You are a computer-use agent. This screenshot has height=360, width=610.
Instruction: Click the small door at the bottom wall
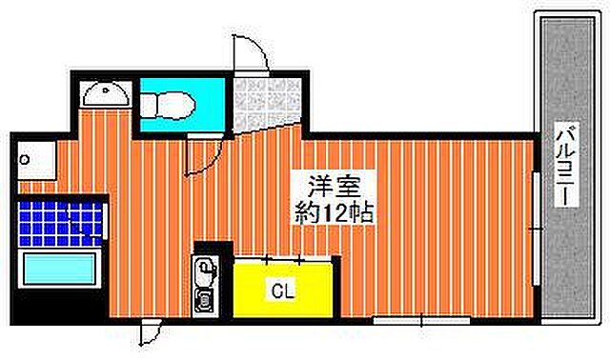(x=149, y=332)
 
